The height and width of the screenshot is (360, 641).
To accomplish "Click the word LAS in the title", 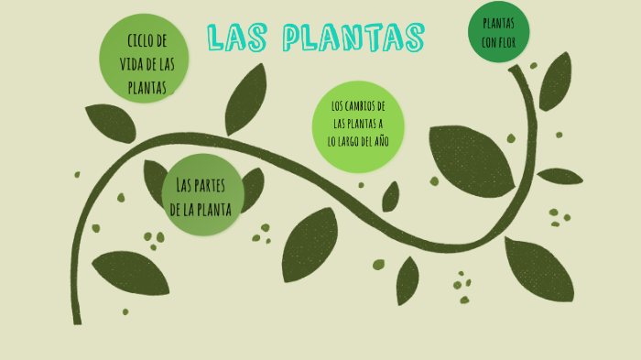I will [x=238, y=38].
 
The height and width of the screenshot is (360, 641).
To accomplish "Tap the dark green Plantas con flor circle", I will [x=498, y=32].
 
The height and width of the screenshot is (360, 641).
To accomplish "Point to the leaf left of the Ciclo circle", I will [x=110, y=123].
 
